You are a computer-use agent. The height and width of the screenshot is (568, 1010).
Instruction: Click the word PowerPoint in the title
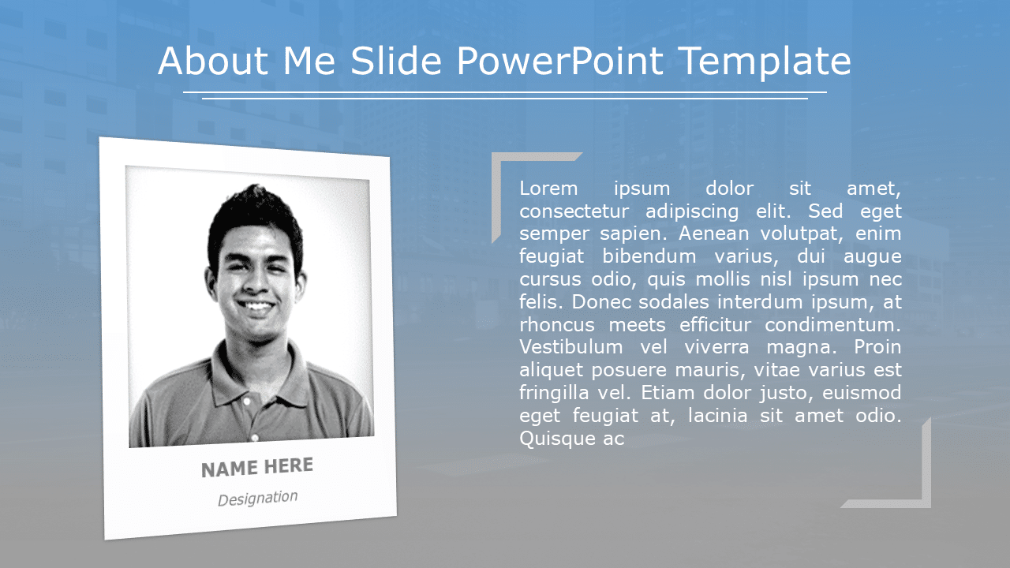pyautogui.click(x=560, y=62)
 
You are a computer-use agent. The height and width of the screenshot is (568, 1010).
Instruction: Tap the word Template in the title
pyautogui.click(x=765, y=62)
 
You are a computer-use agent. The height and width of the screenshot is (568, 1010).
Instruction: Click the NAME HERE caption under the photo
pyautogui.click(x=257, y=468)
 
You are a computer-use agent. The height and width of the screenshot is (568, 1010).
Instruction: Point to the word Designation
pyautogui.click(x=258, y=498)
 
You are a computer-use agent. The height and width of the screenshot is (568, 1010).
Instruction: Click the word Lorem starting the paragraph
pyautogui.click(x=548, y=189)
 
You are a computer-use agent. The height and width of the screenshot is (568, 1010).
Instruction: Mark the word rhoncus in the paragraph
pyautogui.click(x=555, y=324)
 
